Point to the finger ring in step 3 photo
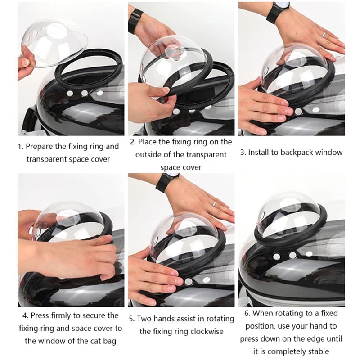(323, 34)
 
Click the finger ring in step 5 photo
(214, 203)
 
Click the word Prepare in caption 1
(42, 146)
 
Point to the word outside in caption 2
(155, 154)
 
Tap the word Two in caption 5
(145, 319)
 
